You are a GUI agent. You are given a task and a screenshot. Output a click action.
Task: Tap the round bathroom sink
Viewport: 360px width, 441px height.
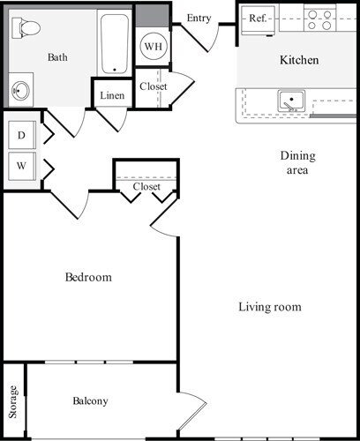pyautogui.click(x=20, y=90)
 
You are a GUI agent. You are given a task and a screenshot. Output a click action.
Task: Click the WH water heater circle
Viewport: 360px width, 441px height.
pyautogui.click(x=152, y=45)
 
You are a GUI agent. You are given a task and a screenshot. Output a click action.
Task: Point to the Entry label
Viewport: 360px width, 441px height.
pyautogui.click(x=199, y=18)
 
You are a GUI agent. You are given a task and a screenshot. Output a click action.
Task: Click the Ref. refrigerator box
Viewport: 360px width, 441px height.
pyautogui.click(x=258, y=18)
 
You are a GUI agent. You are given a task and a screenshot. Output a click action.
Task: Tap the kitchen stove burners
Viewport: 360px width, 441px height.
pyautogui.click(x=323, y=19)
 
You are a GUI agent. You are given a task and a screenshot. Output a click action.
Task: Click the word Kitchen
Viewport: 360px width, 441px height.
pyautogui.click(x=299, y=61)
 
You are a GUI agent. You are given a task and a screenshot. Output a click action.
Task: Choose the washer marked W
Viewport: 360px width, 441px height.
pyautogui.click(x=20, y=164)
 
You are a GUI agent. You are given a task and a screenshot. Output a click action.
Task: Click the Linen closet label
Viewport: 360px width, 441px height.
pyautogui.click(x=112, y=95)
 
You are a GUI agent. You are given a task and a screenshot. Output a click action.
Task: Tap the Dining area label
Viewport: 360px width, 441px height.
pyautogui.click(x=296, y=163)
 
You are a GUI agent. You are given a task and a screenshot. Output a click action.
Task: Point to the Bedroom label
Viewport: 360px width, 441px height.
pyautogui.click(x=89, y=278)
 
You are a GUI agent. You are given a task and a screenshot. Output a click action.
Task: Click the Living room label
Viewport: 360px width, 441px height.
pyautogui.click(x=270, y=307)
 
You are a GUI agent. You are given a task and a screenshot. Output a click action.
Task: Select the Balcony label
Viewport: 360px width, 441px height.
pyautogui.click(x=90, y=401)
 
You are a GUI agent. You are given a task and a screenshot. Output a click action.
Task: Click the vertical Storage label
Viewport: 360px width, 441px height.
pyautogui.click(x=13, y=401)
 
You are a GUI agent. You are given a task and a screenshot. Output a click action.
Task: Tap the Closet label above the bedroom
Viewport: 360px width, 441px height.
pyautogui.click(x=146, y=187)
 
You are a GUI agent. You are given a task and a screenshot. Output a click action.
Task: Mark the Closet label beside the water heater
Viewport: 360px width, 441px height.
pyautogui.click(x=153, y=86)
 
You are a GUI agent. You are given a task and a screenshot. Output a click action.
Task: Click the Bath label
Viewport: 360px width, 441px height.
pyautogui.click(x=57, y=57)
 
